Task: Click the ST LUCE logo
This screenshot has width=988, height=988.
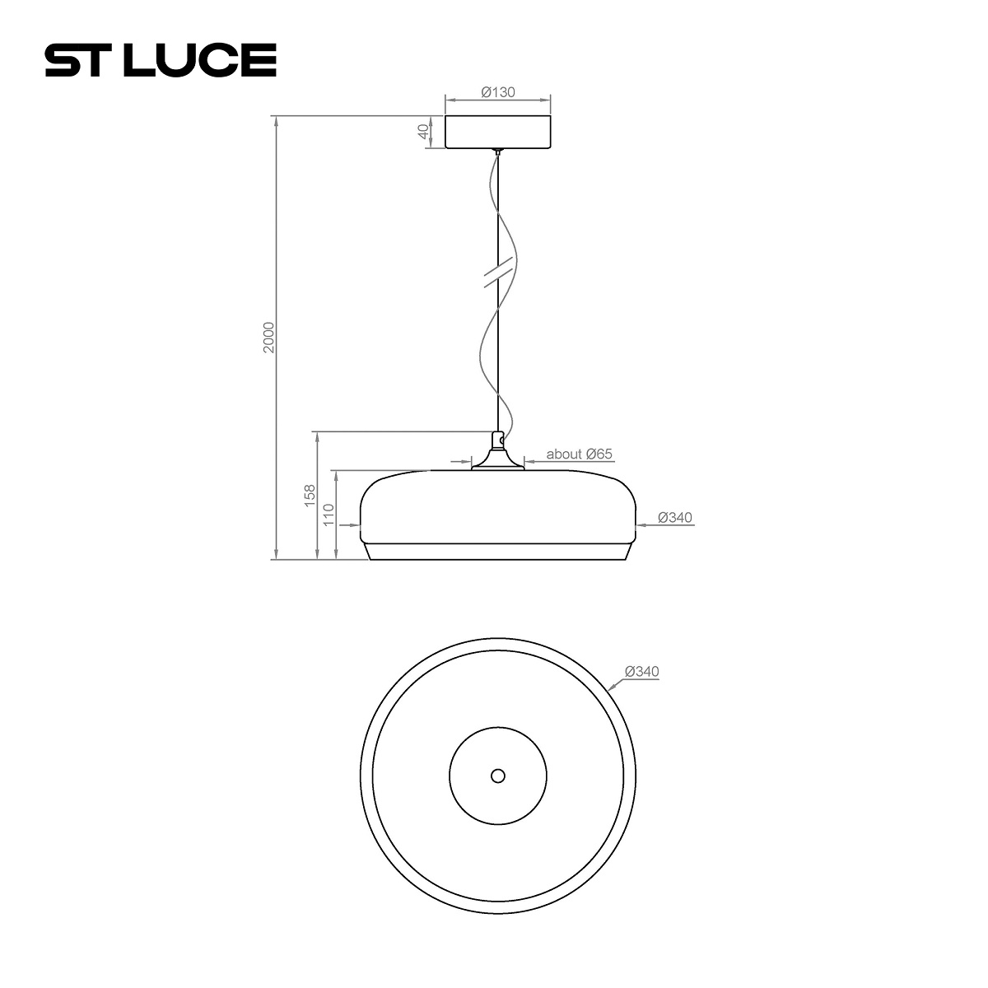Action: click(x=160, y=60)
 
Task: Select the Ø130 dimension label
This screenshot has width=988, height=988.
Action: click(x=497, y=92)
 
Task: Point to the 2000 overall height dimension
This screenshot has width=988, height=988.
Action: click(x=268, y=338)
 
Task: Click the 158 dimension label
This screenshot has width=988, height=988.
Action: click(x=310, y=495)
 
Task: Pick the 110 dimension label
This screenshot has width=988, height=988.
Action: click(x=329, y=515)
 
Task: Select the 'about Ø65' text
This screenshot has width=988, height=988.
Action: click(x=580, y=454)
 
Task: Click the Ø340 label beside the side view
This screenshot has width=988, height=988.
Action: click(x=675, y=518)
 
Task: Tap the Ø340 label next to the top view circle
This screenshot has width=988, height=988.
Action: click(x=642, y=672)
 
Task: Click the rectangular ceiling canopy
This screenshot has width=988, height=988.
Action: click(x=498, y=133)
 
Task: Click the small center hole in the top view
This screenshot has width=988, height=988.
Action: click(x=497, y=775)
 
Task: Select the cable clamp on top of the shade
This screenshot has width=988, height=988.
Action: click(x=497, y=442)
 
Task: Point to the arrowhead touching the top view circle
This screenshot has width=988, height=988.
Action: click(x=610, y=685)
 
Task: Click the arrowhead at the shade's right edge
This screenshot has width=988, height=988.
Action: click(x=640, y=524)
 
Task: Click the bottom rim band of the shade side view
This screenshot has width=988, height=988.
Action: click(x=497, y=552)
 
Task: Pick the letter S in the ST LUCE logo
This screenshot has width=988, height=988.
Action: click(x=61, y=60)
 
